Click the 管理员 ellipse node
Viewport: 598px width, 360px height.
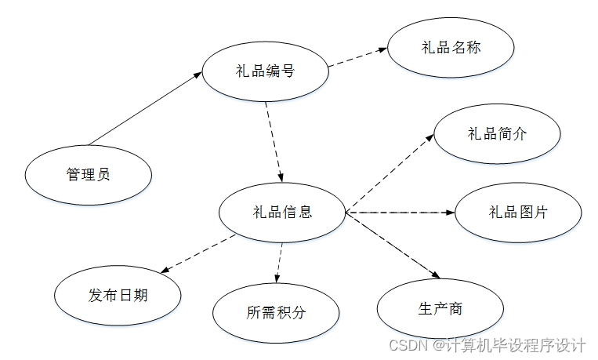pyautogui.click(x=89, y=174)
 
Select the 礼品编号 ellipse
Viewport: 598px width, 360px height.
pyautogui.click(x=265, y=71)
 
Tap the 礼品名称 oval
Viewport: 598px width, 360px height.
pyautogui.click(x=451, y=47)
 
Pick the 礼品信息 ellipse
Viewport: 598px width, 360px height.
pyautogui.click(x=281, y=212)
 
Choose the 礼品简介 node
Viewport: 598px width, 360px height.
pyautogui.click(x=497, y=133)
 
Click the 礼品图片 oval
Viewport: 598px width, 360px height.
pyautogui.click(x=518, y=212)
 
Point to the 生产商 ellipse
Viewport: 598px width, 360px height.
pyautogui.click(x=440, y=308)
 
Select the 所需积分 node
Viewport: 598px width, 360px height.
pyautogui.click(x=276, y=313)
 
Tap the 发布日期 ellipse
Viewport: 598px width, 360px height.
pyautogui.click(x=118, y=296)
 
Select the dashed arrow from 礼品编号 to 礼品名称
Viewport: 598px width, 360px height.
pyautogui.click(x=357, y=57)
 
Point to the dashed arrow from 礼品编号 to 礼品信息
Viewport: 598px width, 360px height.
pyautogui.click(x=274, y=141)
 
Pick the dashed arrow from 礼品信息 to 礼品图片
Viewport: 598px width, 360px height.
pyautogui.click(x=400, y=212)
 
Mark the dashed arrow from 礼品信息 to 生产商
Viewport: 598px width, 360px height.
pyautogui.click(x=392, y=245)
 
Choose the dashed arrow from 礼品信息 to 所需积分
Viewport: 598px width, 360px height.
pyautogui.click(x=280, y=262)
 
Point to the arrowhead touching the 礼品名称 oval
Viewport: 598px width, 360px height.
pyautogui.click(x=382, y=49)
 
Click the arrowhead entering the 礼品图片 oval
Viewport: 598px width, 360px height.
pyautogui.click(x=450, y=212)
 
